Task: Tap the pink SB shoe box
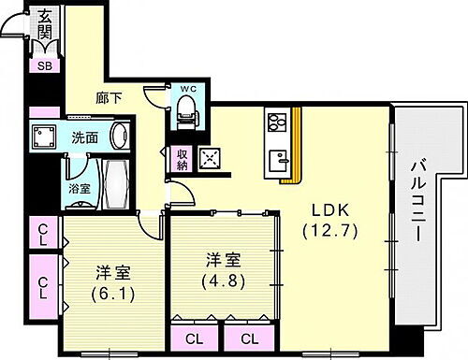coord(44,65)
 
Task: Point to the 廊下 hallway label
coord(110,95)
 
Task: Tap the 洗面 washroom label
coord(85,138)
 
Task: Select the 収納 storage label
coord(183,159)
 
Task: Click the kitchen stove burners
coord(277,122)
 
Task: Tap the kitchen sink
coord(277,160)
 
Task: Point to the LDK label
coord(319,209)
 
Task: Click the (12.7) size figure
coord(320,229)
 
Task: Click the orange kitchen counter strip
coord(299,146)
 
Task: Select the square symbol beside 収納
coord(212,158)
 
